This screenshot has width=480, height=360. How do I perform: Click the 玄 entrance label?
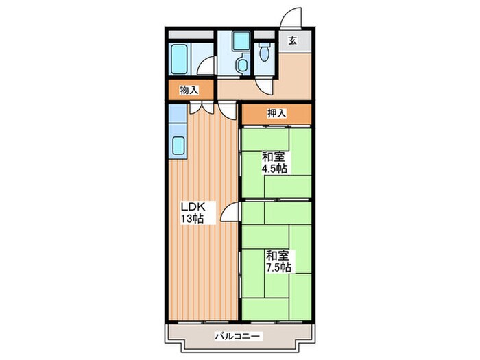click(292, 40)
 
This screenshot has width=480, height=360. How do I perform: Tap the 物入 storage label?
click(189, 90)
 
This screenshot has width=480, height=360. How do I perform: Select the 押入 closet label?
click(277, 114)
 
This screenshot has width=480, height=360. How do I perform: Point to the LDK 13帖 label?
click(193, 213)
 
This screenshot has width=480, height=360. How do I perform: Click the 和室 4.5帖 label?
click(274, 163)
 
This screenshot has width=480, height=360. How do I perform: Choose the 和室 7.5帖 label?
click(278, 262)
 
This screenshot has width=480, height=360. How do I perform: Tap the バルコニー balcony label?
click(239, 337)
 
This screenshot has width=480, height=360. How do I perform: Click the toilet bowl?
click(263, 54)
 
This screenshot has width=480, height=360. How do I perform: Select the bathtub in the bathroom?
click(179, 59)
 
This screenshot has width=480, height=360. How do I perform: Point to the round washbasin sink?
click(243, 64)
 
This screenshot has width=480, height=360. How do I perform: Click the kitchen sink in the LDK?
click(178, 145)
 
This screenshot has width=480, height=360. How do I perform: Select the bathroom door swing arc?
click(206, 65)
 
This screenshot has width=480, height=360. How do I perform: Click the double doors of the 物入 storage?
click(201, 108)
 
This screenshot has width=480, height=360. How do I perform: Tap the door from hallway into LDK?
click(228, 110)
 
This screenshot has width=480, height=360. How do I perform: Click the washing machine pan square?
click(241, 41)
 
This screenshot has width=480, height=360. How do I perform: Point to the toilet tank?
click(263, 45)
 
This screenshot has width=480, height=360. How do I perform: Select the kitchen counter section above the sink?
click(178, 113)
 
